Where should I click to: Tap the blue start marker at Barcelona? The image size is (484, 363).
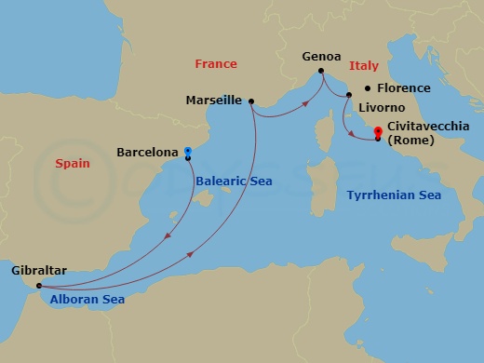coord(188,150)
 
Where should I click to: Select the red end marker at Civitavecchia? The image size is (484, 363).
coord(377,131)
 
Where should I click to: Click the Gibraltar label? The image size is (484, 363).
coord(40,271)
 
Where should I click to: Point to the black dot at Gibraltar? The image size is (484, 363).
coord(38,286)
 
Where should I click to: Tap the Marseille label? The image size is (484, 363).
coord(214,100)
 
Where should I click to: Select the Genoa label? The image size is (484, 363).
coord(321,57)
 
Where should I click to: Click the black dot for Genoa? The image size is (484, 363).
coord(321,71)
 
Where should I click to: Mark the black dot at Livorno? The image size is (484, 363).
coord(348,95)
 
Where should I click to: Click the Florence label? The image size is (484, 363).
coord(403,88)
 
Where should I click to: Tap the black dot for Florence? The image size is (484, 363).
coord(368,87)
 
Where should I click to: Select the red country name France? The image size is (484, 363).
coord(216,64)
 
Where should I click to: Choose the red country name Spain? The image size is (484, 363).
coord(73,163)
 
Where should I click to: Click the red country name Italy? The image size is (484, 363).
coord(363,67)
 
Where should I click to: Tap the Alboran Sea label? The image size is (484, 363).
coord(88,300)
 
